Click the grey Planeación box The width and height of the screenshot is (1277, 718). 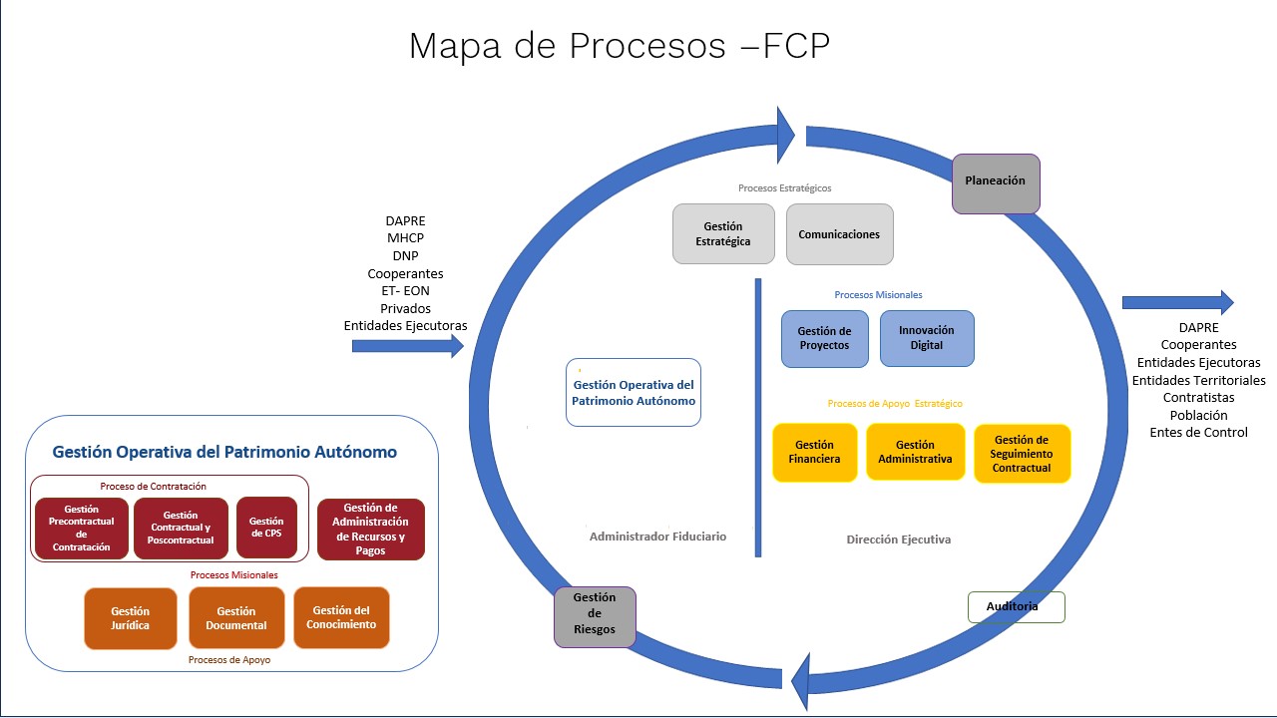click(x=996, y=183)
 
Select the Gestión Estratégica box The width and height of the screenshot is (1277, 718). click(x=723, y=234)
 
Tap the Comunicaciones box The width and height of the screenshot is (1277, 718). click(x=839, y=234)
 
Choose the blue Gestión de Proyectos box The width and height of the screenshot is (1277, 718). click(x=824, y=338)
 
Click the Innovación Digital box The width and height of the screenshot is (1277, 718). click(x=926, y=338)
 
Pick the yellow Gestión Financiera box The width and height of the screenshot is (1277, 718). click(x=814, y=453)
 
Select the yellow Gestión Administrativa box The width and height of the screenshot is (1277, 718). click(x=915, y=452)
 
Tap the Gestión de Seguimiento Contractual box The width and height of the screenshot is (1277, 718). click(x=1022, y=454)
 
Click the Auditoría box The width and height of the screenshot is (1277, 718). click(x=1016, y=607)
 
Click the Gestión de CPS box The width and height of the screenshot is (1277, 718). click(x=266, y=528)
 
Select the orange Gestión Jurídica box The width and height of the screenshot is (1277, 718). click(x=131, y=618)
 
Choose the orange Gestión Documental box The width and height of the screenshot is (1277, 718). click(x=236, y=618)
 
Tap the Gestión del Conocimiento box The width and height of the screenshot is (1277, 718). click(x=341, y=617)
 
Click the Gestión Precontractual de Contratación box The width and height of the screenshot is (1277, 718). click(x=82, y=529)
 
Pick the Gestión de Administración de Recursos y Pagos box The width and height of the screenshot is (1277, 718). click(x=370, y=530)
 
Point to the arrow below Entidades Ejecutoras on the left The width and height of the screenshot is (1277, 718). click(x=408, y=346)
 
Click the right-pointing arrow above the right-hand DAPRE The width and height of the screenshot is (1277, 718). click(x=1177, y=302)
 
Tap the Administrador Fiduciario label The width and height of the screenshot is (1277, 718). click(x=657, y=537)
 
